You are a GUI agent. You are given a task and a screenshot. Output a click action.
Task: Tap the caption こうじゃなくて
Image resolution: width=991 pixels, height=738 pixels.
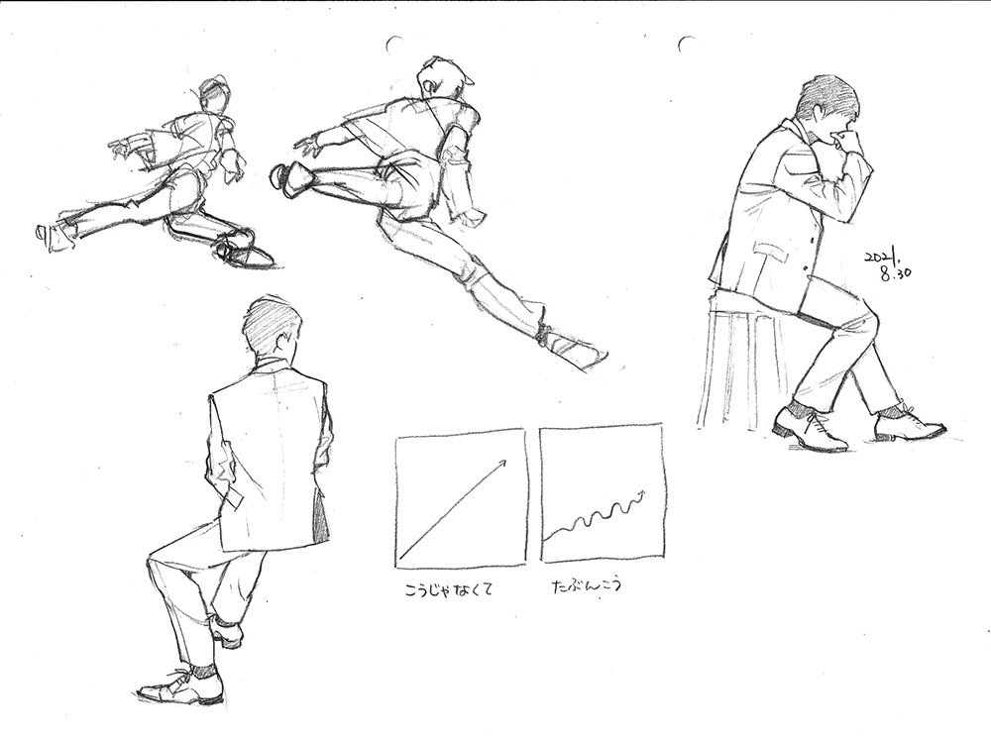click(448, 590)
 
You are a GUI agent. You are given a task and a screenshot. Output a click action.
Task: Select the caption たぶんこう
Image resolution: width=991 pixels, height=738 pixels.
click(587, 585)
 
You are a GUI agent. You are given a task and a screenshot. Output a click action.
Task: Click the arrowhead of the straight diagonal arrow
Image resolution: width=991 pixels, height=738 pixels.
click(502, 463)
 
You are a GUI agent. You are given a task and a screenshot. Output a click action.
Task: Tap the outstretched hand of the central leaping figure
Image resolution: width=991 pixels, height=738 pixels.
click(309, 146)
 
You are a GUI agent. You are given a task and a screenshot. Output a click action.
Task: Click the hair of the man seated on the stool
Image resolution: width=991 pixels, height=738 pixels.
click(827, 95)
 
